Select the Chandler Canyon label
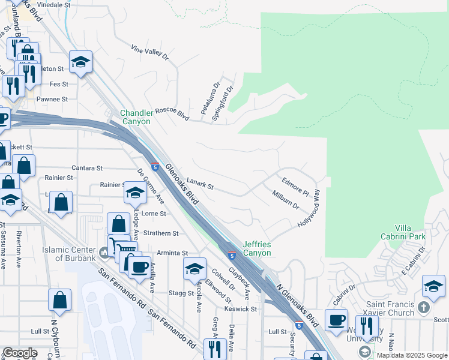click(x=135, y=117)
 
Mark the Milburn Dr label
click(x=285, y=201)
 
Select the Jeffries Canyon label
click(x=257, y=248)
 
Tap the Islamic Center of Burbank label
click(x=68, y=254)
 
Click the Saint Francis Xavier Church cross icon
click(x=424, y=308)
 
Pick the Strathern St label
click(x=160, y=233)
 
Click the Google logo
click(x=20, y=353)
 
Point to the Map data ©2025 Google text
click(x=411, y=355)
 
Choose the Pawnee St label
click(x=51, y=99)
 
